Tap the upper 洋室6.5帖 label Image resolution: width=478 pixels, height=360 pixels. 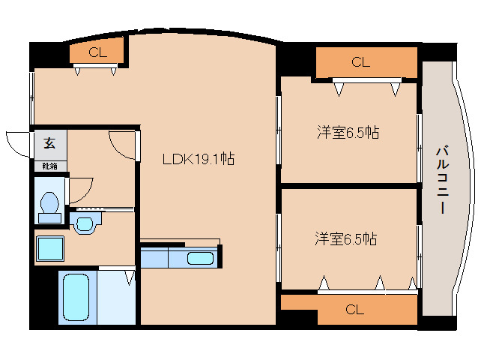click(347, 133)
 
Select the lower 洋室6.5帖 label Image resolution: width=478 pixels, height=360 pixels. click(345, 239)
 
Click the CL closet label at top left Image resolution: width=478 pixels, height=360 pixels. click(97, 52)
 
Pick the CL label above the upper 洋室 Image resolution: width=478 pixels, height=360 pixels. click(360, 62)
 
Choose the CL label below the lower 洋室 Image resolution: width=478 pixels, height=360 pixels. click(354, 309)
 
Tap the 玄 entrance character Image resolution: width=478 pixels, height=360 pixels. click(49, 143)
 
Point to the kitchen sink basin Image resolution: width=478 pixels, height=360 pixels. click(199, 259)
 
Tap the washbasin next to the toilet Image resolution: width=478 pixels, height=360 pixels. click(86, 223)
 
